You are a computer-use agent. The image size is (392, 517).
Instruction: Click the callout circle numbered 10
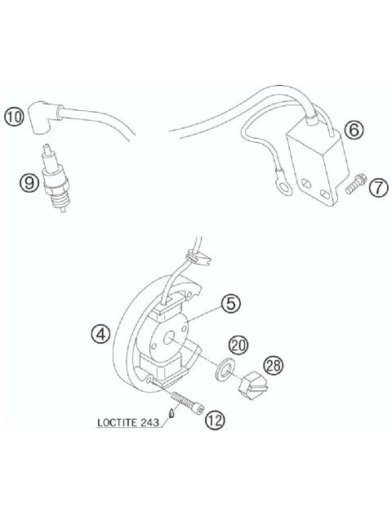pos(15,117)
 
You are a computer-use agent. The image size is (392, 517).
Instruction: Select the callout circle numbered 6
pos(353,130)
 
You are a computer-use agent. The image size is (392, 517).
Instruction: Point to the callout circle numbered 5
pos(232,304)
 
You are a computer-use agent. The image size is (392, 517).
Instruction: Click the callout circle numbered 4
pos(100,335)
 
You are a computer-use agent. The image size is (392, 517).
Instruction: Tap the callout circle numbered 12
pos(216,421)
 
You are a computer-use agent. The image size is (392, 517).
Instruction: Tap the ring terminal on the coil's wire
pos(283,189)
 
